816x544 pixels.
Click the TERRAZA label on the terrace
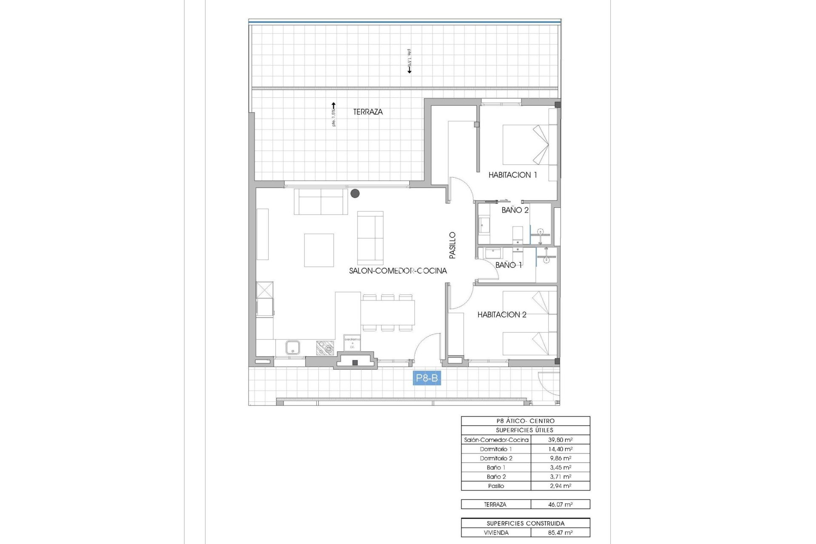(368, 112)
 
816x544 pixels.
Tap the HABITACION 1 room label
(512, 175)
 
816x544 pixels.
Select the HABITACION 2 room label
(501, 314)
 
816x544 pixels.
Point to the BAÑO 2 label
(515, 210)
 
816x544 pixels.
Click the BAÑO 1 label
(508, 265)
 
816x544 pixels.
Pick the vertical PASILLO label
(453, 245)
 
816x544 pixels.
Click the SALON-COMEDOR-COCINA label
(398, 271)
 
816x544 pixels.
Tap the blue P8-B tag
(427, 378)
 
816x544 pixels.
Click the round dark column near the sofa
(355, 193)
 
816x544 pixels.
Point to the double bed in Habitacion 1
(525, 144)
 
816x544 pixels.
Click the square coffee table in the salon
(319, 250)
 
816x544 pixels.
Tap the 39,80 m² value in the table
(560, 440)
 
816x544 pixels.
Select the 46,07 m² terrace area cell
(560, 504)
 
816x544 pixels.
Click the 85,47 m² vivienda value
(560, 533)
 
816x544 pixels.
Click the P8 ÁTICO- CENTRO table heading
(525, 421)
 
